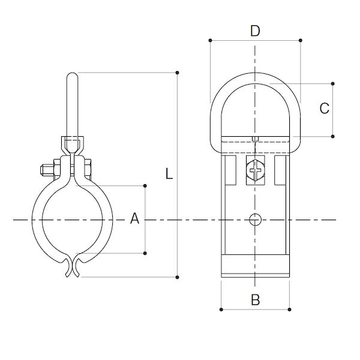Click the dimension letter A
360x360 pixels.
[x=135, y=218]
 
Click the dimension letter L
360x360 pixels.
[x=169, y=173]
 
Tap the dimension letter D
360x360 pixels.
[x=255, y=31]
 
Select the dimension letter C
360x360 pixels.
[x=325, y=109]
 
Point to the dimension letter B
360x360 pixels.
[x=256, y=299]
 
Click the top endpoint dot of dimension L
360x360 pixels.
[x=177, y=73]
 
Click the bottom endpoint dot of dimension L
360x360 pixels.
[x=177, y=277]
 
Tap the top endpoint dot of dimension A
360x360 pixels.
[x=145, y=185]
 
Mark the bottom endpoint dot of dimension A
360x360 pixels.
[x=145, y=253]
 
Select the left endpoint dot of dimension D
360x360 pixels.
[x=211, y=40]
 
